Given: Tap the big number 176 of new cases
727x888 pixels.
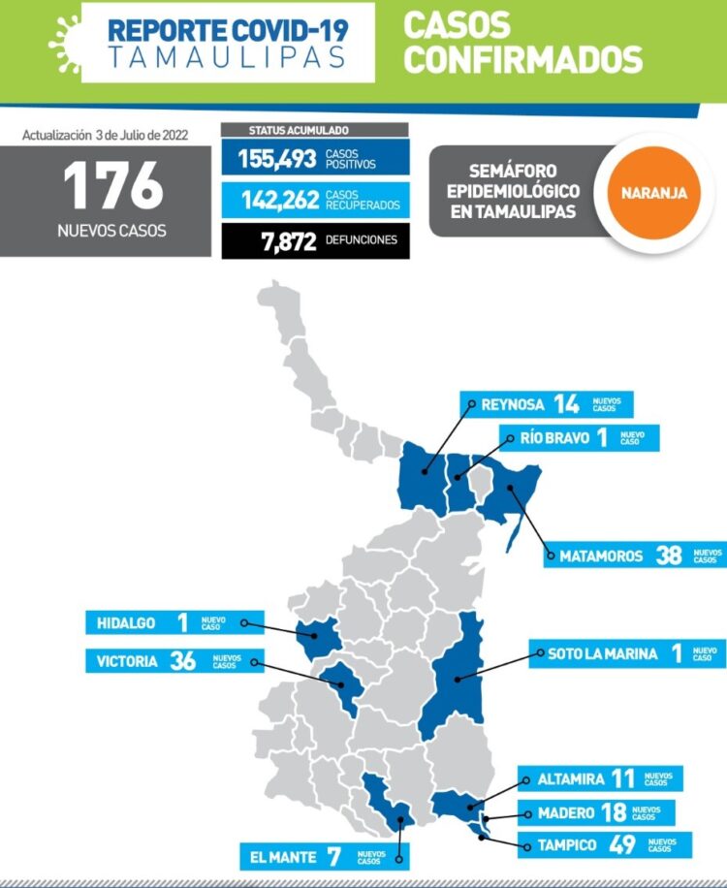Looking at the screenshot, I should (x=113, y=186).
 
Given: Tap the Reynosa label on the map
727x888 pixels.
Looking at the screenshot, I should (x=513, y=404).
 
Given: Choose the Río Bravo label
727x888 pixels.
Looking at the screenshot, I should (x=554, y=437).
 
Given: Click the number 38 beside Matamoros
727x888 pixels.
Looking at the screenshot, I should (x=669, y=555).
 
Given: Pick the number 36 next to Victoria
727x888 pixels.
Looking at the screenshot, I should (x=182, y=662).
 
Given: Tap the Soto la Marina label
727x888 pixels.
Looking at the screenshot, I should (x=602, y=653).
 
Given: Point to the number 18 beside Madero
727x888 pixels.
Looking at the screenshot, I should (x=610, y=812).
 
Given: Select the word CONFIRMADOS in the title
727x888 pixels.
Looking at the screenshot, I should (x=523, y=59).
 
